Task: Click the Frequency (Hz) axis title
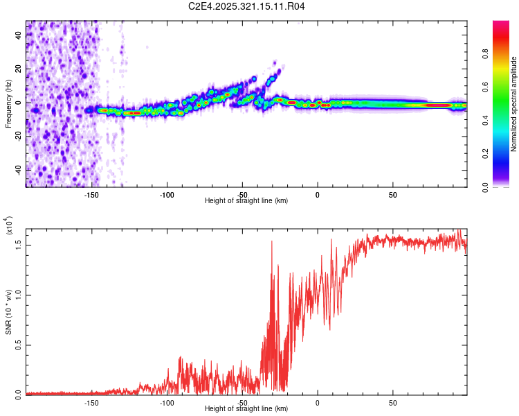coord(8,104)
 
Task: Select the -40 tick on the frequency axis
coord(19,170)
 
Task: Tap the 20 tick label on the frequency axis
coord(19,69)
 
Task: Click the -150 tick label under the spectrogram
coord(91,194)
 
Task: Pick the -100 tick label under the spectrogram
coord(167,194)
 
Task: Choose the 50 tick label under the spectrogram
coord(392,194)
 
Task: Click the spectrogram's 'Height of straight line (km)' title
coord(246,201)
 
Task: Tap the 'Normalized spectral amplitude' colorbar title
coord(514,104)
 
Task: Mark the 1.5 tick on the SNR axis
coord(19,245)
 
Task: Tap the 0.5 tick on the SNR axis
coord(19,345)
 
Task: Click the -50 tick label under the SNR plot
coord(242,402)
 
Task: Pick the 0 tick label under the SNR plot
coord(318,402)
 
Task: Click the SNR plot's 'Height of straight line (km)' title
coord(246,409)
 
